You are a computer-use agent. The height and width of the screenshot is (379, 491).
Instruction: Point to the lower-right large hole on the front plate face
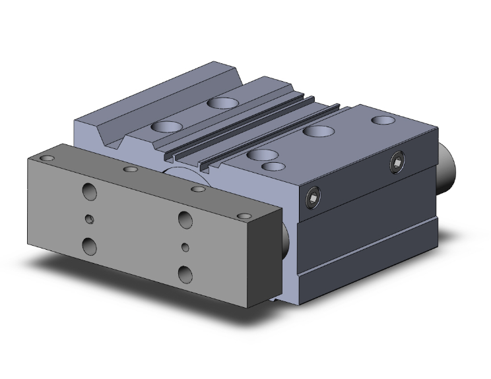tap(184, 272)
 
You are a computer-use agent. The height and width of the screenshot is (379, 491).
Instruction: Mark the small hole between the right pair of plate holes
tap(185, 247)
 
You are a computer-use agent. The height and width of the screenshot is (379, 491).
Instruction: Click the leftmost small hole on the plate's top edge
tap(46, 159)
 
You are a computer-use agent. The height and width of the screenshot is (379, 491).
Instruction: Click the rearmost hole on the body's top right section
tap(381, 121)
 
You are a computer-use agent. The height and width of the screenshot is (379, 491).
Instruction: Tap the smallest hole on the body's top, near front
tap(271, 167)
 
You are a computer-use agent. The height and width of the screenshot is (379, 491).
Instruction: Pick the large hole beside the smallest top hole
tap(262, 156)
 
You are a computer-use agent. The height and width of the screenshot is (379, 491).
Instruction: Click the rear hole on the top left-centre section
tap(219, 102)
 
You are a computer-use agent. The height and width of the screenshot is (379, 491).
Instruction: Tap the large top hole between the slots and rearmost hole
tap(319, 131)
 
